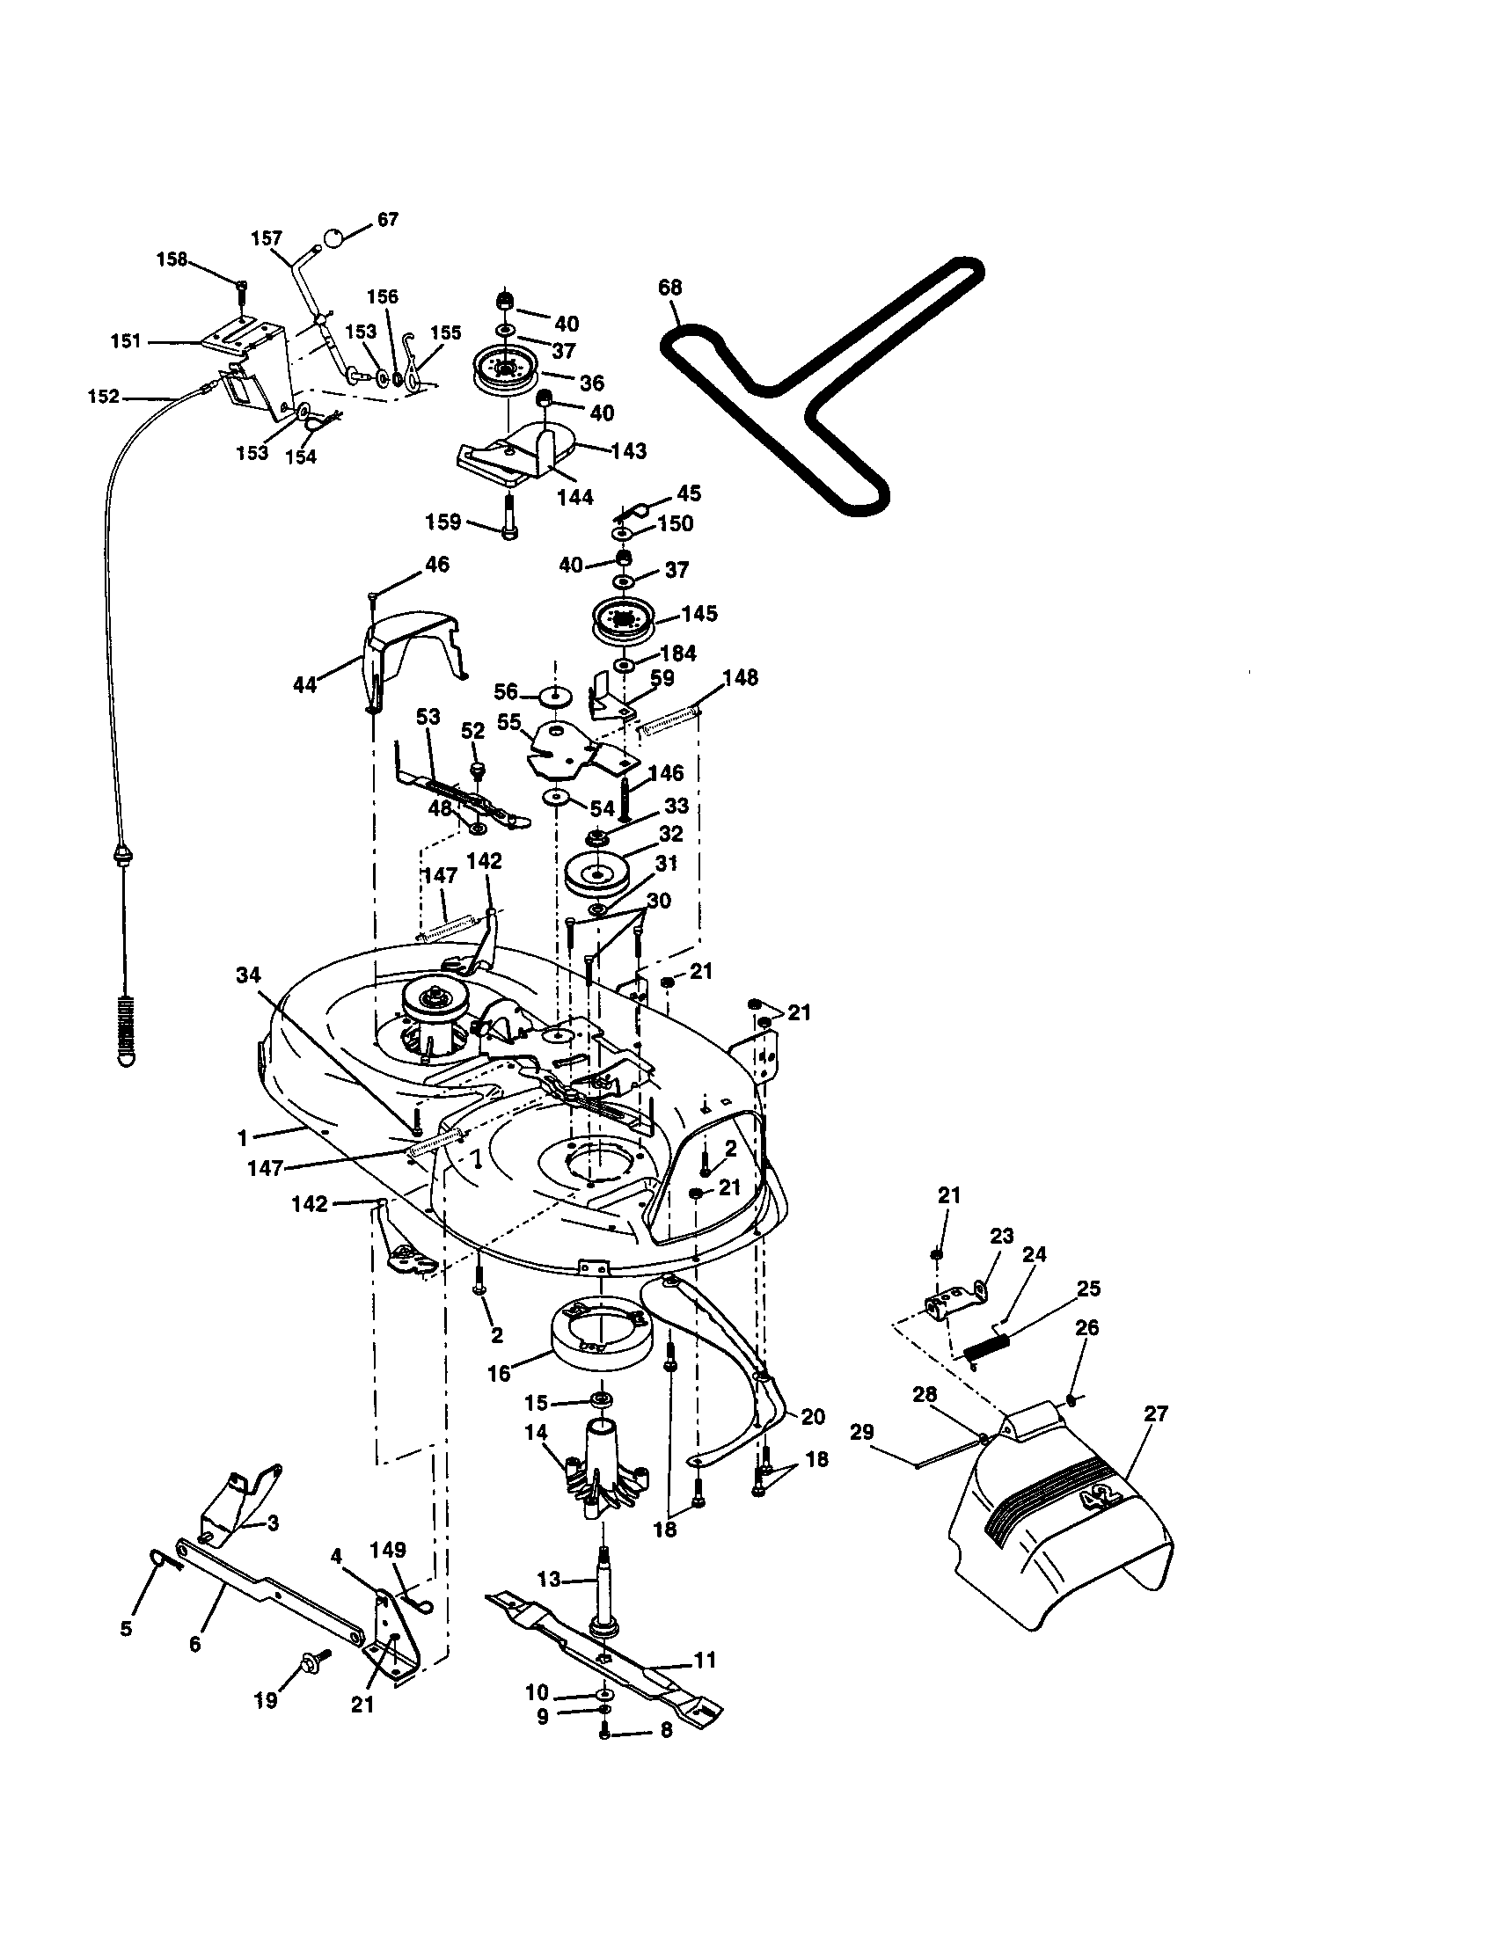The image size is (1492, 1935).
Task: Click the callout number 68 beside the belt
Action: pos(669,288)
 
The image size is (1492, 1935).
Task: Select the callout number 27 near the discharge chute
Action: pos(1155,1413)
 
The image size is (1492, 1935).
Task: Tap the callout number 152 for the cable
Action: pos(104,397)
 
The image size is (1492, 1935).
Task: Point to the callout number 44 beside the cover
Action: pos(304,684)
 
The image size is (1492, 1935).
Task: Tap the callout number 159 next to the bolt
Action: pos(443,522)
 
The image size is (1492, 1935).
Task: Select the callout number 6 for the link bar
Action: pos(195,1645)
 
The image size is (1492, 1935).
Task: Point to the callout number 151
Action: pos(126,341)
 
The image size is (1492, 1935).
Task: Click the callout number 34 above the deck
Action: pos(248,975)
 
